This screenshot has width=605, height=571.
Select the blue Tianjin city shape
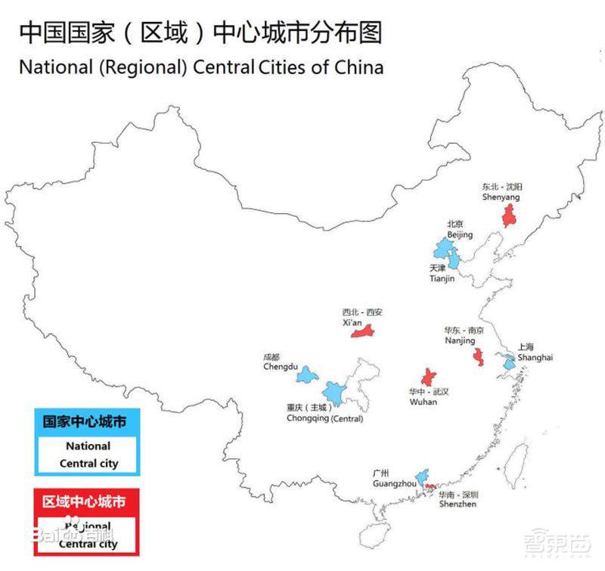pos(454,262)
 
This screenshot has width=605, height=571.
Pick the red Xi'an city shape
pos(363,332)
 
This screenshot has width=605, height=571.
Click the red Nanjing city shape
pos(479,356)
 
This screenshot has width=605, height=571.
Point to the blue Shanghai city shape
pos(509,364)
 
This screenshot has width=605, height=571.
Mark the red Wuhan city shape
pos(429,378)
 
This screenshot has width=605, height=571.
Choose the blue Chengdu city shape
pos(306,374)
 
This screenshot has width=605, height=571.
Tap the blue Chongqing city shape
pos(333,393)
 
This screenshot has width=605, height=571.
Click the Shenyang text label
pos(501,197)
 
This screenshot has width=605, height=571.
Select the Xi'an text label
pos(353,321)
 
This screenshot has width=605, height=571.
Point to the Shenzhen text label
pos(458,504)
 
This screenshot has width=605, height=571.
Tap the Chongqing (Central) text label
pos(325,418)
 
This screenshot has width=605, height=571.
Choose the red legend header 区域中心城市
pos(84,502)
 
